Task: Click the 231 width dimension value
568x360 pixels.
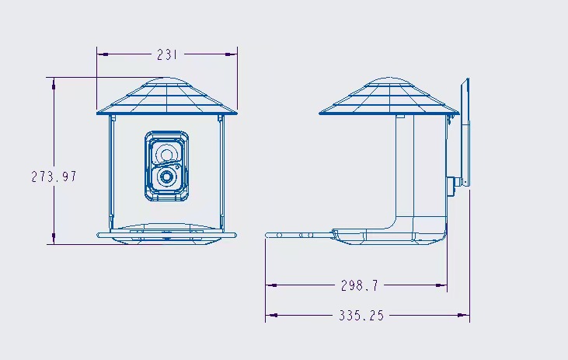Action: (167, 54)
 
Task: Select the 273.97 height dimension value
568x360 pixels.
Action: (54, 177)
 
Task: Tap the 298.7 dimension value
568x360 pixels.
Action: (359, 285)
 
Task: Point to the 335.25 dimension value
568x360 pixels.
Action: (361, 316)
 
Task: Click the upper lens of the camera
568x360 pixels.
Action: (166, 151)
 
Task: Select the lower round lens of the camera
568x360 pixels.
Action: (166, 177)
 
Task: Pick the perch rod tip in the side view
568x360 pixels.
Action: (269, 234)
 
